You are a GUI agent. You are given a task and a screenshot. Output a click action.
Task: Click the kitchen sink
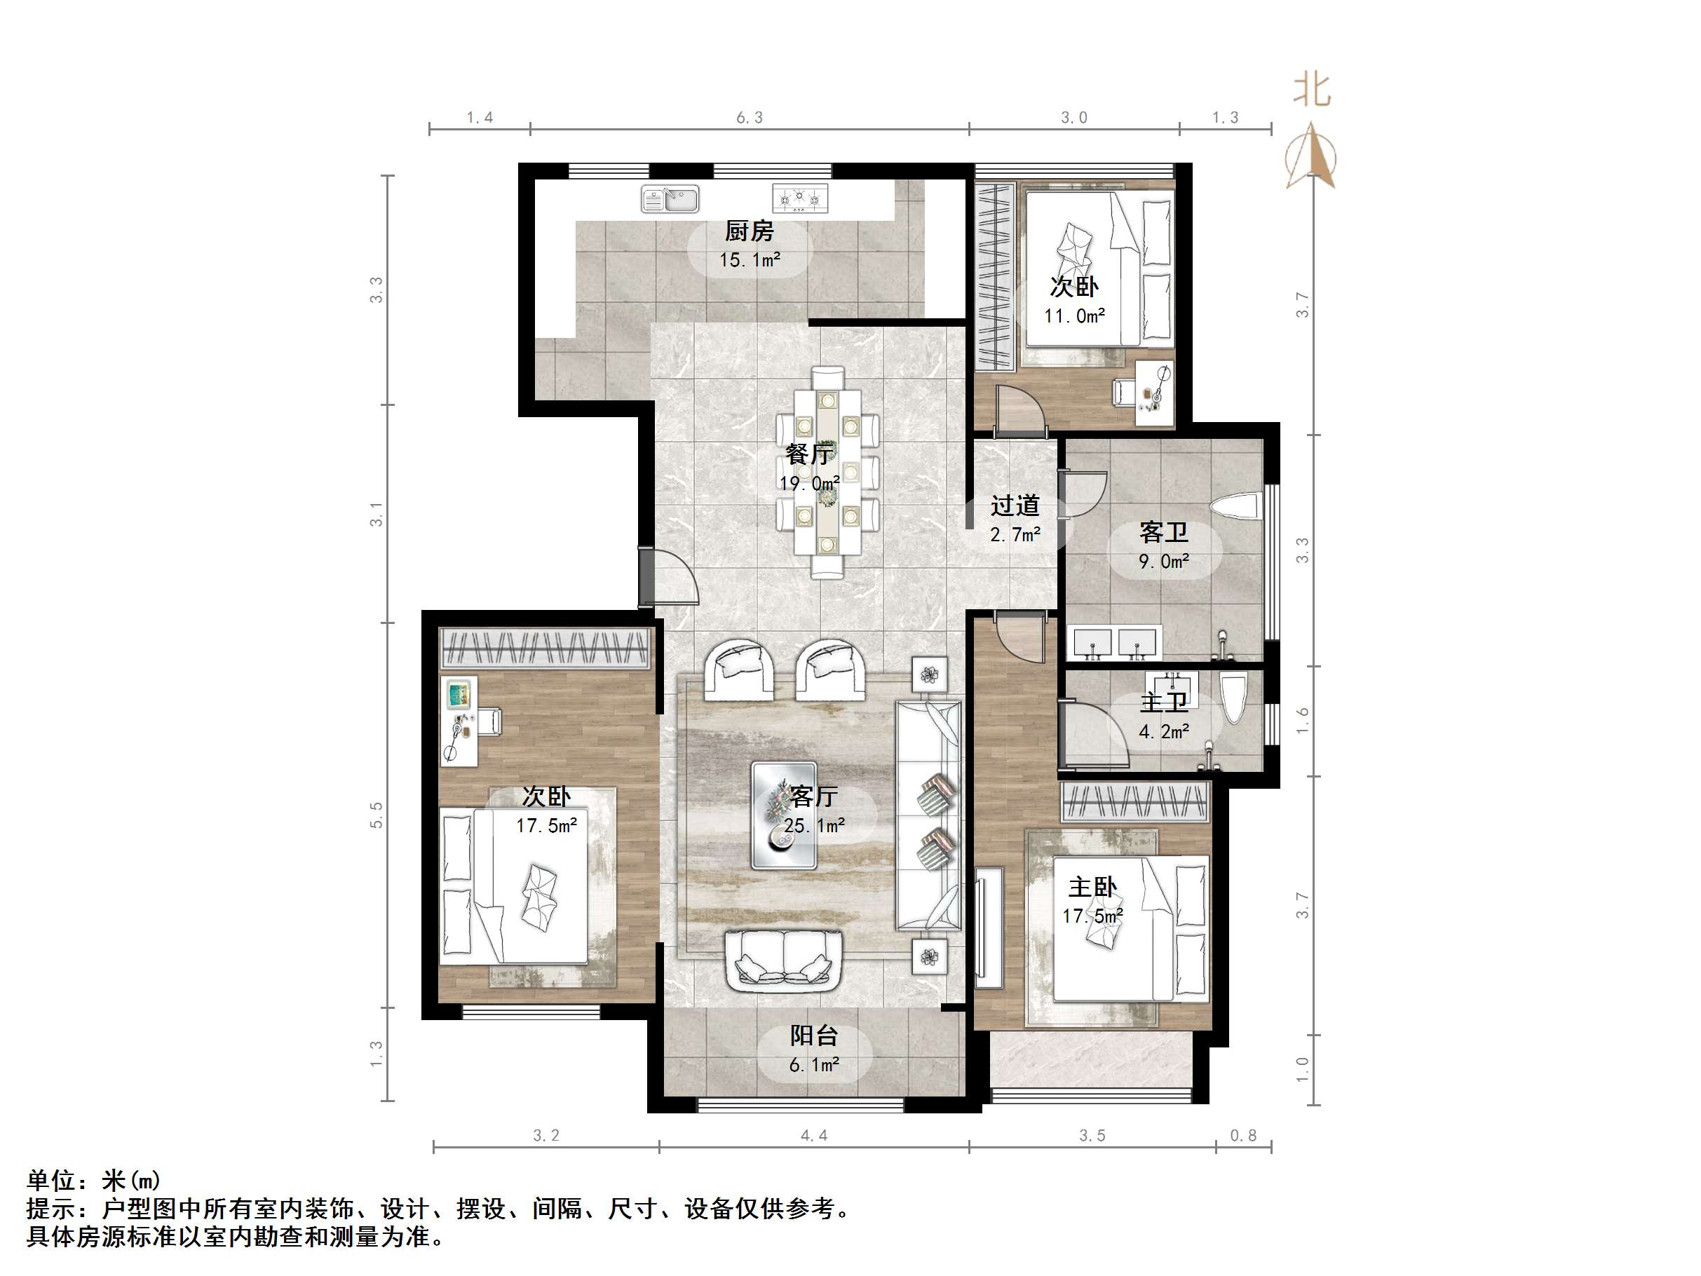pyautogui.click(x=670, y=198)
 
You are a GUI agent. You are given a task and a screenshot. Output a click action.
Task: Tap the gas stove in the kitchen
pyautogui.click(x=800, y=198)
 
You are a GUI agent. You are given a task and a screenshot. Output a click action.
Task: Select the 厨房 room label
pyautogui.click(x=749, y=231)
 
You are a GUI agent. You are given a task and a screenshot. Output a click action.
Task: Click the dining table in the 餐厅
pyautogui.click(x=827, y=470)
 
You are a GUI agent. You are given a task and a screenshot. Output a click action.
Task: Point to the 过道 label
pyautogui.click(x=1015, y=505)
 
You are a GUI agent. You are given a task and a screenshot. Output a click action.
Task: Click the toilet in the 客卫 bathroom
pyautogui.click(x=1235, y=508)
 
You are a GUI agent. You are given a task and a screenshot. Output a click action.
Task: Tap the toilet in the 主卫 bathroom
pyautogui.click(x=1233, y=697)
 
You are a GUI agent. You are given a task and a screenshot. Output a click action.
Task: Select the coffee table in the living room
pyautogui.click(x=784, y=815)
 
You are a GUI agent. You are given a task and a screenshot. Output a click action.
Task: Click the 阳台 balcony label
pyautogui.click(x=813, y=1036)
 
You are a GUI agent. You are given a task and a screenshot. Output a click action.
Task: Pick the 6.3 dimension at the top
pyautogui.click(x=749, y=118)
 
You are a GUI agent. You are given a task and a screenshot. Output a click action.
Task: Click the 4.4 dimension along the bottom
pyautogui.click(x=813, y=1135)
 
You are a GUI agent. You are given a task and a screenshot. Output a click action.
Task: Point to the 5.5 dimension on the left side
pyautogui.click(x=376, y=815)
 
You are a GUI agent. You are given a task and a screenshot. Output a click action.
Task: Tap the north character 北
pyautogui.click(x=1311, y=90)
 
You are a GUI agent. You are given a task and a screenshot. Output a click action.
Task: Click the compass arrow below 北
pyautogui.click(x=1312, y=158)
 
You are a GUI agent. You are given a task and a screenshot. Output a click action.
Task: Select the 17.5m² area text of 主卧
pyautogui.click(x=1092, y=916)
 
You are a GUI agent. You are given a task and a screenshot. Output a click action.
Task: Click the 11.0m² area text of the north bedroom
pyautogui.click(x=1073, y=316)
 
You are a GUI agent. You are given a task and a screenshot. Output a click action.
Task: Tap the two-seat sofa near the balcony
pyautogui.click(x=785, y=961)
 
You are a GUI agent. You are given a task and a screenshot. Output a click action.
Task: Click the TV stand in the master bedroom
pyautogui.click(x=989, y=927)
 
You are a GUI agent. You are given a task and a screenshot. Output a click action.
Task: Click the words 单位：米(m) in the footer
pyautogui.click(x=93, y=1180)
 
